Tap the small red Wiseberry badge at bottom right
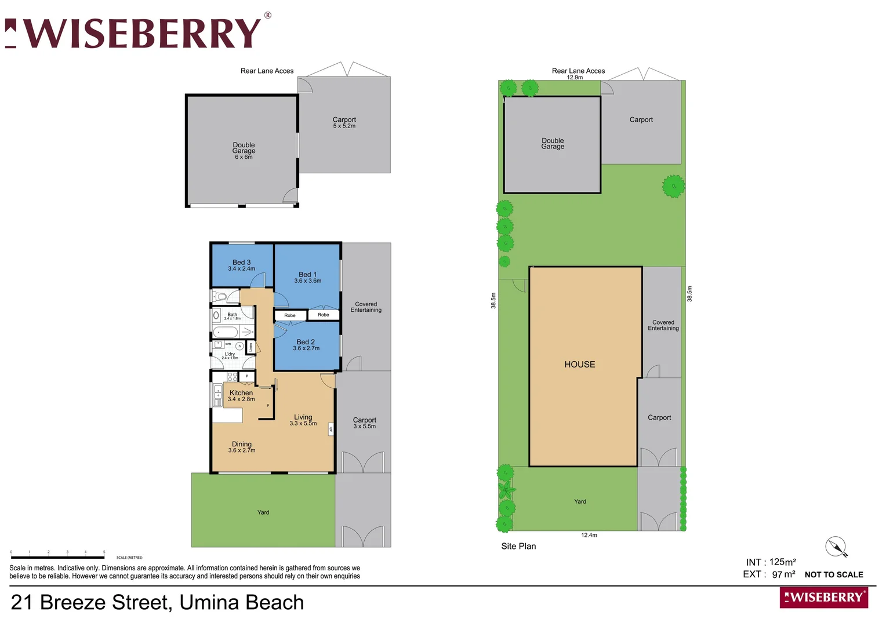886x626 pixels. pos(823,598)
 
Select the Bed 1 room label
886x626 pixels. pos(307,275)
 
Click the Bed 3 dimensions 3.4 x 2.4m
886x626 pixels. pos(241,269)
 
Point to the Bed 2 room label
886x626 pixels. pos(306,342)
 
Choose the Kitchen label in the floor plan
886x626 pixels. pos(241,393)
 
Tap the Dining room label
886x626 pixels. pos(242,444)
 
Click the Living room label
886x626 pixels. pos(303,417)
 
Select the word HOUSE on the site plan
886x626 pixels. pos(580,365)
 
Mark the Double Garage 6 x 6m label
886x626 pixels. pos(244,151)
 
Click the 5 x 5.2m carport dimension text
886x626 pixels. pos(344,126)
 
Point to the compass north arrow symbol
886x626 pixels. pos(836,547)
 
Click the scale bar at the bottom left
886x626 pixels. pos(57,557)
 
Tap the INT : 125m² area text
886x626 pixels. pos(771,562)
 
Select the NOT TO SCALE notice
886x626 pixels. pos(834,575)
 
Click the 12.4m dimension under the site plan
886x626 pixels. pos(589,535)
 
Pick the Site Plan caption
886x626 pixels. pos(518,546)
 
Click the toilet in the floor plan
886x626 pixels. pos(220,297)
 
